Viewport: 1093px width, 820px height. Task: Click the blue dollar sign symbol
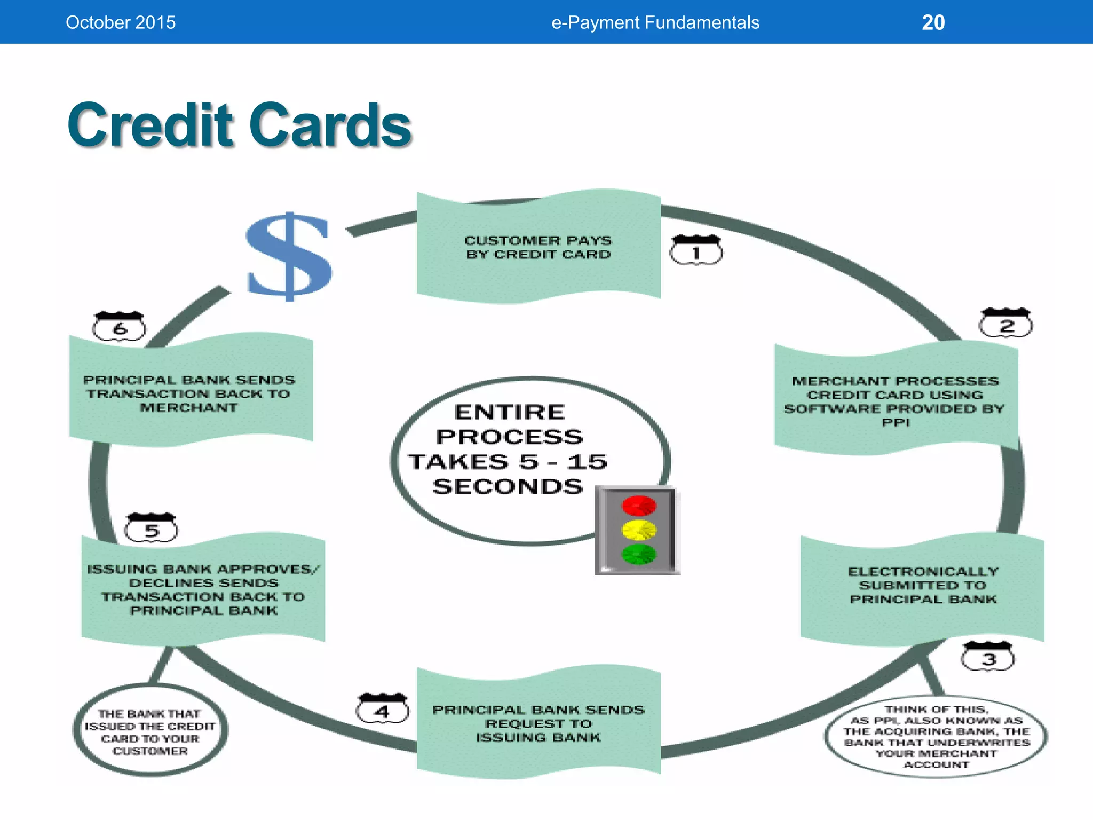pos(290,256)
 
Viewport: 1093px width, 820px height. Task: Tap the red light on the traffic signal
pos(639,506)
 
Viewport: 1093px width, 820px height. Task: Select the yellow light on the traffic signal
pos(639,530)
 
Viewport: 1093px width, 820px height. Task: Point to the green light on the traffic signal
pos(639,555)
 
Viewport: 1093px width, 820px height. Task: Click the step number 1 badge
pos(696,251)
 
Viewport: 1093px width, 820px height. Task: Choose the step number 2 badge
pos(1006,324)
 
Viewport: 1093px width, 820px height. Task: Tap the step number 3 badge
pos(988,657)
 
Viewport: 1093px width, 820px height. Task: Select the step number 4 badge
pos(383,709)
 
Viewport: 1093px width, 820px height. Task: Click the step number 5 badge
pos(151,529)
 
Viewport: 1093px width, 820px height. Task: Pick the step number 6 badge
pos(120,327)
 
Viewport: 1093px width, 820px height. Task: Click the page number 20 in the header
pos(933,22)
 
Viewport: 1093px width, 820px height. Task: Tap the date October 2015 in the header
pos(121,22)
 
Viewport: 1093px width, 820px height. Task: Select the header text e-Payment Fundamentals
pos(655,22)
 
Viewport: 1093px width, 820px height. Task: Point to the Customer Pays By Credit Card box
pos(538,247)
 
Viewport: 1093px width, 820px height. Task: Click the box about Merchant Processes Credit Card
pos(896,401)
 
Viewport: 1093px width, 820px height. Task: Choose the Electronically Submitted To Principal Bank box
pos(923,586)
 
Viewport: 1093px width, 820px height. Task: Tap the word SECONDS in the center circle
pos(508,487)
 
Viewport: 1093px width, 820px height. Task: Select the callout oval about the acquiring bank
pos(936,737)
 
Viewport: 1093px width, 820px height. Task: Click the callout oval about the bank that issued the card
pos(151,731)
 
